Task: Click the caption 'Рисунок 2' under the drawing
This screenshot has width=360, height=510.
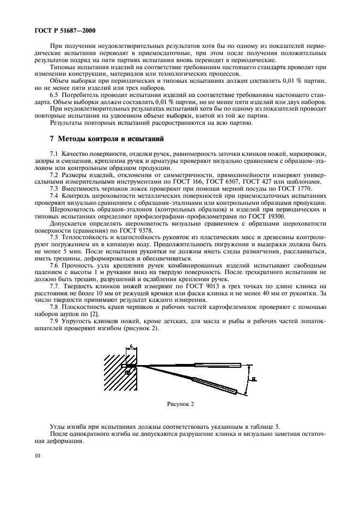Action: pos(180,404)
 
